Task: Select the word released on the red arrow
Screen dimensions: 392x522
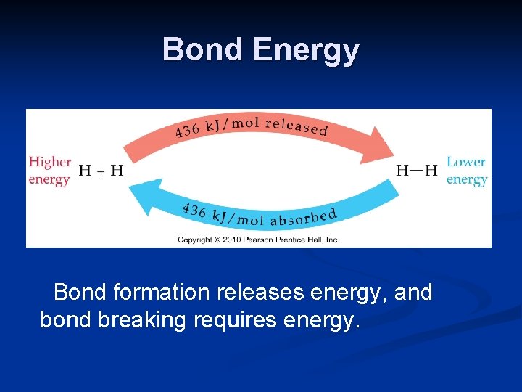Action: tap(297, 126)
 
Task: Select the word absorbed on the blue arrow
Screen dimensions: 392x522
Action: tap(304, 216)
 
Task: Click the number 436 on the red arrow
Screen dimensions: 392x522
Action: tap(187, 131)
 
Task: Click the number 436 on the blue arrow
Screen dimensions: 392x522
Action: tap(194, 211)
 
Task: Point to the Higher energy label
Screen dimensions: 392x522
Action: tap(49, 171)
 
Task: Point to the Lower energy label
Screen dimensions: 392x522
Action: tap(466, 171)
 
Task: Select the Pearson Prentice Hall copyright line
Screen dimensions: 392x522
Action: tap(258, 240)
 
